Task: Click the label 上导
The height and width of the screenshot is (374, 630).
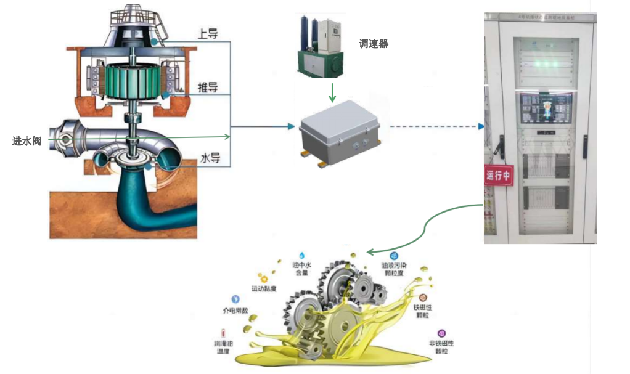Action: (207, 33)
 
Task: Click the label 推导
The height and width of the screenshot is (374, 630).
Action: (208, 86)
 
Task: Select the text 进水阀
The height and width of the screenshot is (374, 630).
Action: (27, 141)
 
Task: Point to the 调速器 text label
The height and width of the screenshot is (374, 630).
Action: (374, 44)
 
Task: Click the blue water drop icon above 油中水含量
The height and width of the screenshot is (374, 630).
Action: (302, 254)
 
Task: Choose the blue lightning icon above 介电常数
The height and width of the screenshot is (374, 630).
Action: (235, 299)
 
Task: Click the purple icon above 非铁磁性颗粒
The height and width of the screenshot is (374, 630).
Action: (441, 333)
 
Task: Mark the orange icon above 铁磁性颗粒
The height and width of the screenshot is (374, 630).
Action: (422, 298)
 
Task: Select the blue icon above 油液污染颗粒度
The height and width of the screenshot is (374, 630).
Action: (395, 255)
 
